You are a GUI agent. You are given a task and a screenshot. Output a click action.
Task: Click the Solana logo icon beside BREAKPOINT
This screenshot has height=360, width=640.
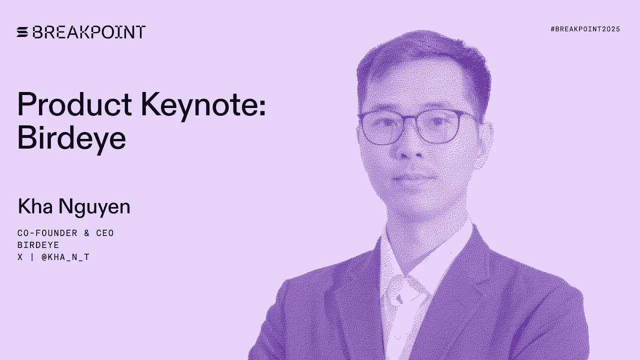coord(22,32)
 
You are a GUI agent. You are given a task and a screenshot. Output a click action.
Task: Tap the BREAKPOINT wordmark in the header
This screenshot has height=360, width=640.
coord(89,32)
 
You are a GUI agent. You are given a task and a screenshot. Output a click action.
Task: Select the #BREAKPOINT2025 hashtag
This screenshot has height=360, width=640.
coord(585,29)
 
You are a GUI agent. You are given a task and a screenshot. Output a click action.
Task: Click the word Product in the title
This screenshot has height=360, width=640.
coord(74,104)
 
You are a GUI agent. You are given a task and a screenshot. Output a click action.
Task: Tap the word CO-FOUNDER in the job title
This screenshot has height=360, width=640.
coord(47,233)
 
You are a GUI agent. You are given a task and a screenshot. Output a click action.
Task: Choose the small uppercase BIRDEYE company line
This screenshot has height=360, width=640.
coord(38,245)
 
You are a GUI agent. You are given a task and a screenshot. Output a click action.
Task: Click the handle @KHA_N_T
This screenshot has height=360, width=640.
coord(65,257)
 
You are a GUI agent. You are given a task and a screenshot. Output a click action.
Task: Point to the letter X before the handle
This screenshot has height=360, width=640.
coord(20,257)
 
